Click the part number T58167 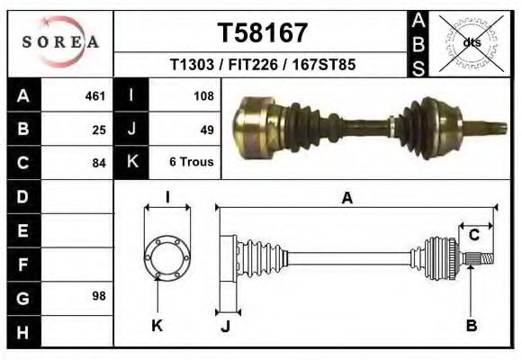(263, 32)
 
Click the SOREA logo (60, 41)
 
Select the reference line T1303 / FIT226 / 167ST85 (262, 66)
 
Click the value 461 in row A (95, 96)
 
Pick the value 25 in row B (99, 130)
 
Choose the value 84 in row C (99, 163)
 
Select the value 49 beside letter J (206, 130)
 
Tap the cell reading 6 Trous (191, 163)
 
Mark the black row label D (22, 196)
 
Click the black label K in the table (131, 163)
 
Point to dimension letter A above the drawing (346, 199)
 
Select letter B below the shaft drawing (471, 325)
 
